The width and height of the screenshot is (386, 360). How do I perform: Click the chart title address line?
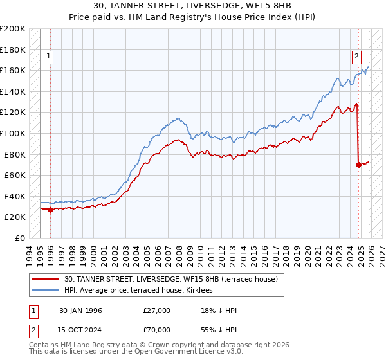tap(193, 6)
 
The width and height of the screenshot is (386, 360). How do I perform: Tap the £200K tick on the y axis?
tap(13, 29)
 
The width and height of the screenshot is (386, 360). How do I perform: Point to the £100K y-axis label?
tap(13, 133)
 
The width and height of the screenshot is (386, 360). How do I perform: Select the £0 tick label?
tap(20, 238)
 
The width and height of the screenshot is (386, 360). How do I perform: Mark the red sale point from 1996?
tap(51, 210)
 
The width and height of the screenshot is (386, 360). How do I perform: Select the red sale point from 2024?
tap(358, 165)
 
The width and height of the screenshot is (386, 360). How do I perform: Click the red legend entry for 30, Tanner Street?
tap(170, 279)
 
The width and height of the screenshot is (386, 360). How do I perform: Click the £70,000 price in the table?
tap(156, 328)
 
